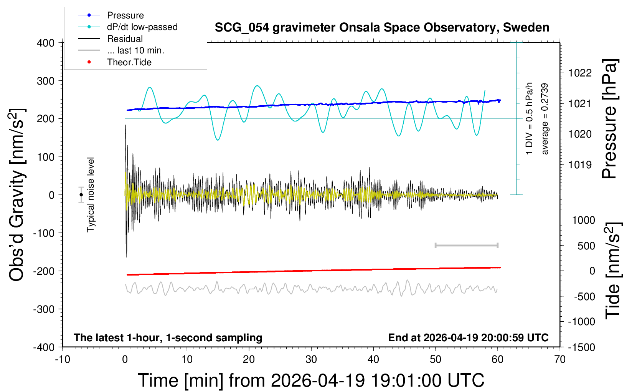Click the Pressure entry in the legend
pyautogui.click(x=125, y=15)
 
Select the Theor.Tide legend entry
pyautogui.click(x=129, y=62)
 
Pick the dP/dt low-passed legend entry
pyautogui.click(x=142, y=27)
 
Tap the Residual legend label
pyautogui.click(x=125, y=39)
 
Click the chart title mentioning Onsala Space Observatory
pyautogui.click(x=382, y=28)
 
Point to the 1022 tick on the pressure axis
pyautogui.click(x=580, y=73)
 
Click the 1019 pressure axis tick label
pyautogui.click(x=580, y=165)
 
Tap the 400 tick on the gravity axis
pyautogui.click(x=46, y=43)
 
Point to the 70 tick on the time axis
pyautogui.click(x=560, y=360)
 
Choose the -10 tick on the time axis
pyautogui.click(x=63, y=360)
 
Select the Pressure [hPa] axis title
pyautogui.click(x=610, y=119)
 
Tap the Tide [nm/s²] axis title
pyautogui.click(x=613, y=271)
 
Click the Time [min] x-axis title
pyautogui.click(x=311, y=380)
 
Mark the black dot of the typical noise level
pyautogui.click(x=81, y=195)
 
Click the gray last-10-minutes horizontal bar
pyautogui.click(x=466, y=245)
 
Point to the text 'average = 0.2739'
pyautogui.click(x=545, y=119)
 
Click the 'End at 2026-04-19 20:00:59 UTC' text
pyautogui.click(x=468, y=338)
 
